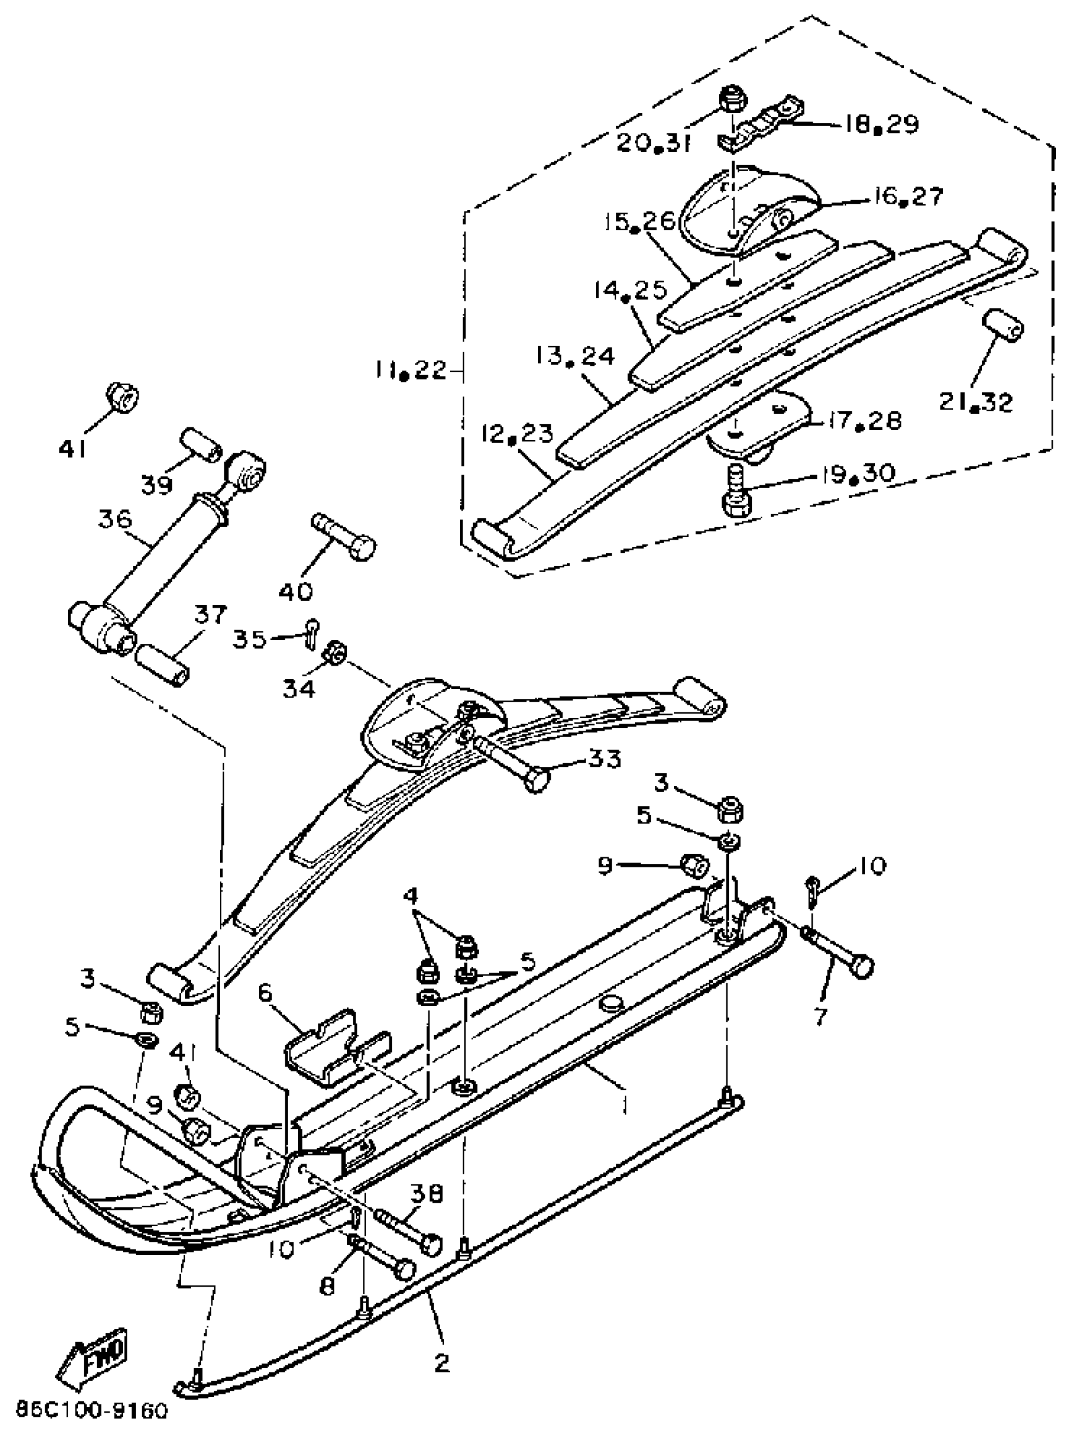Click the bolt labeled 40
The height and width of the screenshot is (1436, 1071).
click(343, 536)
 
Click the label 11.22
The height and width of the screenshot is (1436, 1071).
click(409, 371)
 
